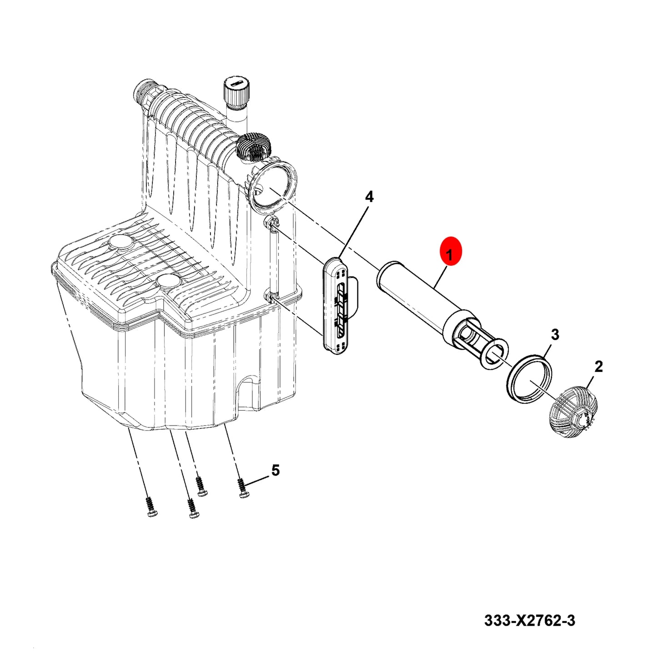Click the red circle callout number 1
(450, 255)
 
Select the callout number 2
(598, 366)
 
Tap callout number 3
(555, 335)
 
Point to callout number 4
(369, 197)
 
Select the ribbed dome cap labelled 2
(573, 414)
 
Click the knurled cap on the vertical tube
(236, 90)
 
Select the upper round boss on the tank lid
(121, 242)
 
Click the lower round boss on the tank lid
(168, 282)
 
